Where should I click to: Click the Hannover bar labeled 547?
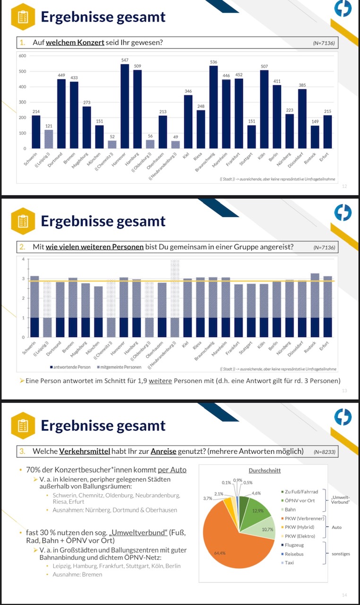click(125, 106)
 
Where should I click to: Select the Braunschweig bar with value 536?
click(214, 107)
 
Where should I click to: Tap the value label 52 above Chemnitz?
click(112, 137)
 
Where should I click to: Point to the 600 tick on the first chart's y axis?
click(22, 56)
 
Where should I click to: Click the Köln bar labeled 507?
click(264, 109)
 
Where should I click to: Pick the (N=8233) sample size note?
click(325, 452)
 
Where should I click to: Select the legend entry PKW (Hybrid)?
click(300, 527)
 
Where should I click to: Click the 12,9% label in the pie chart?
click(258, 511)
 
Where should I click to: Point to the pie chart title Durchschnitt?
click(265, 470)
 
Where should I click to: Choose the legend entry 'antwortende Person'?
click(70, 366)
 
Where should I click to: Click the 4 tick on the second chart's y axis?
click(23, 259)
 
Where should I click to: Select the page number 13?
click(344, 391)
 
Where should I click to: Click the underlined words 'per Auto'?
click(172, 470)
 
